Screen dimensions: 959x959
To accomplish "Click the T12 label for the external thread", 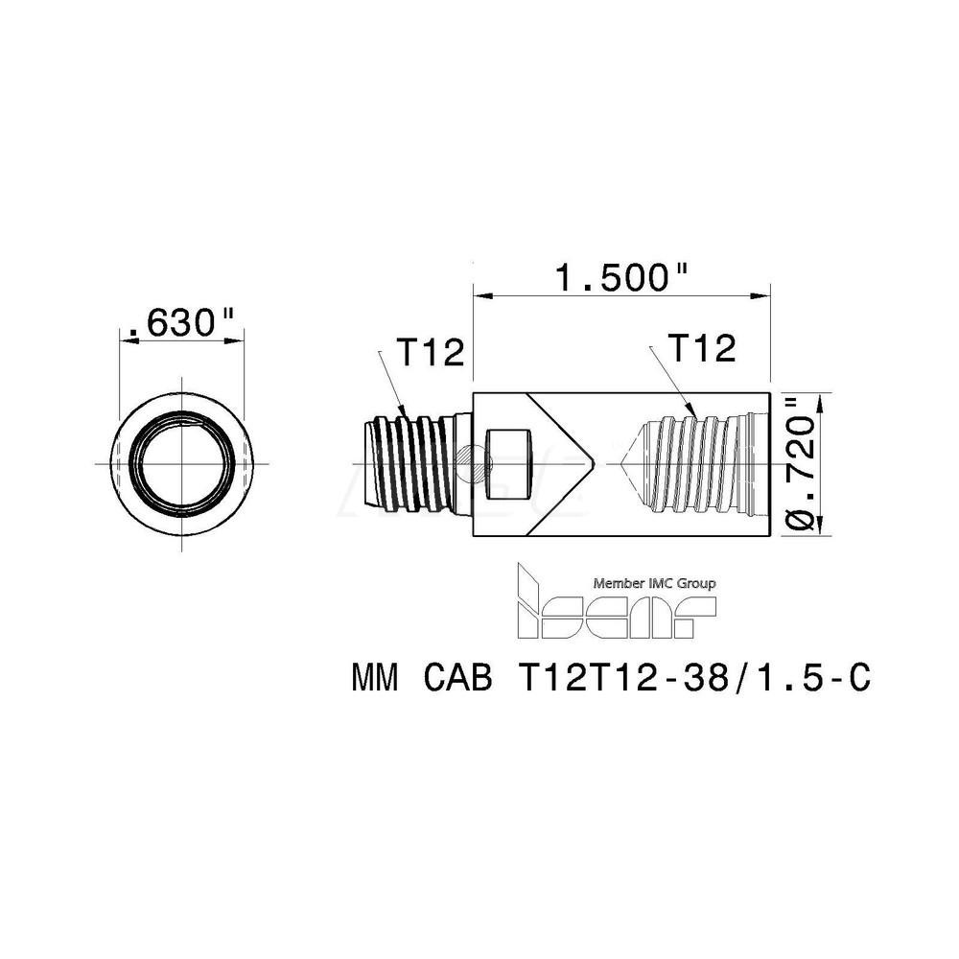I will click(x=431, y=353).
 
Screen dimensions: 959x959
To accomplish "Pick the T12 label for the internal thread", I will click(x=700, y=348).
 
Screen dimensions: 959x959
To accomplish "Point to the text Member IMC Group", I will click(x=655, y=582).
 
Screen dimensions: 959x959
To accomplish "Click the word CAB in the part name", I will click(x=455, y=679).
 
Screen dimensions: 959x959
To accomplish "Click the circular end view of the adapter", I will click(x=181, y=463).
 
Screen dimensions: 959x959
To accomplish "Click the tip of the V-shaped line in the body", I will click(x=596, y=464).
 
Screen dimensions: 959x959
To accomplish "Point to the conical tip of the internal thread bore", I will click(x=624, y=464).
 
